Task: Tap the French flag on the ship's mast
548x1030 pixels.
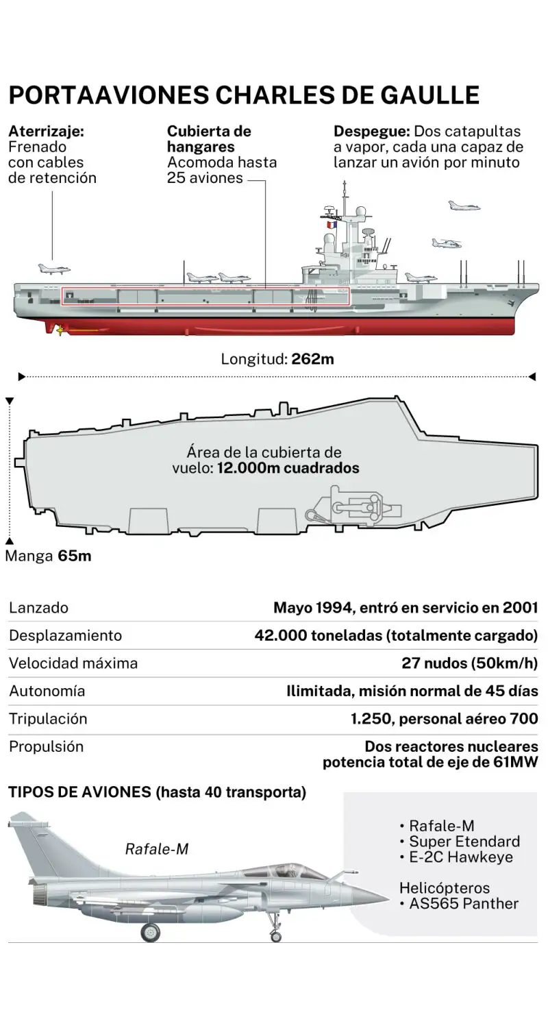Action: pos(332,225)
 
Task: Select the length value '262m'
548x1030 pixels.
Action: pos(312,358)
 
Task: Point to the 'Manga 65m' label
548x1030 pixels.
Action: pos(48,556)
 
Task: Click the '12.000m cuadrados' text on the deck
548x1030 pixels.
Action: pos(288,469)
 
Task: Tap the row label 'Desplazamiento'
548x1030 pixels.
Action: pos(65,635)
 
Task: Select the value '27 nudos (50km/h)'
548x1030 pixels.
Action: pos(469,663)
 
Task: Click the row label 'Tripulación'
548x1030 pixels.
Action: pos(48,718)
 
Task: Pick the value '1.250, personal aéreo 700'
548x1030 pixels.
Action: pos(444,719)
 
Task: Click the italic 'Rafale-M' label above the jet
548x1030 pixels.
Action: pos(156,849)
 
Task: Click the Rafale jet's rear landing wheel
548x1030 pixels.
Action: pos(150,932)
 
